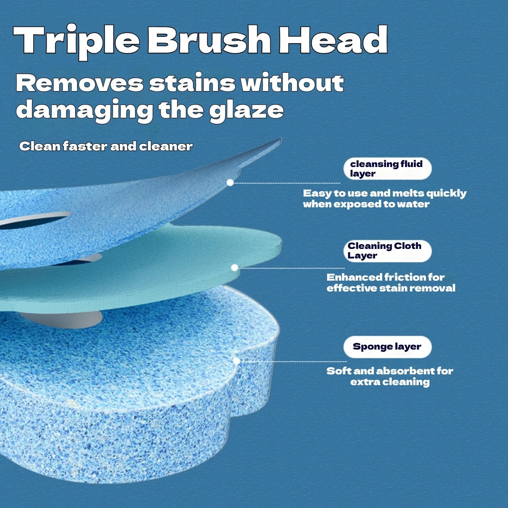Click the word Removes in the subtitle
(x=79, y=84)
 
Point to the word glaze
(x=246, y=110)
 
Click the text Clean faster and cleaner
(x=106, y=146)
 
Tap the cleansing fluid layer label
(x=387, y=169)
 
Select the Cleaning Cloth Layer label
(x=387, y=251)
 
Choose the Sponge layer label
(x=387, y=347)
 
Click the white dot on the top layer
(x=230, y=182)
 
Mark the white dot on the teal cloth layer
(x=234, y=268)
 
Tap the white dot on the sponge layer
(x=237, y=361)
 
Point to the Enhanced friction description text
(x=391, y=283)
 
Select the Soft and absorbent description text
(x=390, y=376)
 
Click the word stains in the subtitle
(x=192, y=84)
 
